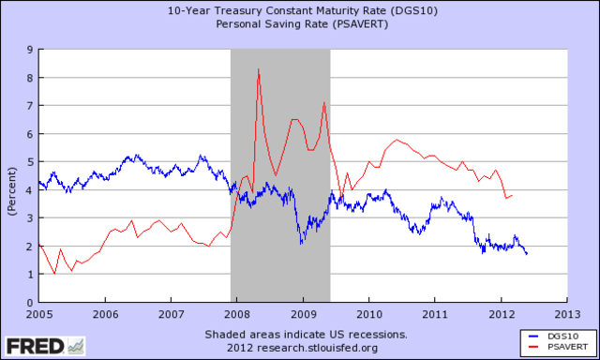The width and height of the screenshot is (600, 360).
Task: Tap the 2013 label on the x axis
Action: coord(565,315)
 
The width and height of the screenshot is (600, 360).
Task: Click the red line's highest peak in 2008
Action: coord(258,69)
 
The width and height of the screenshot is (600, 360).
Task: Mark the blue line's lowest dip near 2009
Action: coord(302,244)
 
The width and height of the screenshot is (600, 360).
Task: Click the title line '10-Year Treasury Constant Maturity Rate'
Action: coord(300,10)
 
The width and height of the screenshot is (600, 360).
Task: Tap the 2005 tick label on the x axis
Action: coord(39,315)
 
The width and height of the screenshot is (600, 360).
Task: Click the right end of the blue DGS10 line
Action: coord(526,254)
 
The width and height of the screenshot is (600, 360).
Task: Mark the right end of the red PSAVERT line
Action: coord(512,195)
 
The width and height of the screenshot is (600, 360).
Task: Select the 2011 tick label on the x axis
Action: coord(434,315)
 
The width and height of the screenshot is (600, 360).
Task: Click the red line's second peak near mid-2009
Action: coord(324,103)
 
